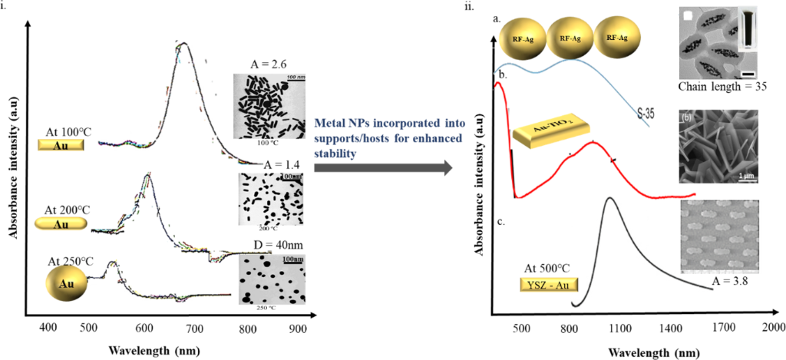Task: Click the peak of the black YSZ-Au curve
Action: click(x=609, y=198)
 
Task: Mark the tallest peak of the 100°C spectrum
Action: click(x=183, y=44)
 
